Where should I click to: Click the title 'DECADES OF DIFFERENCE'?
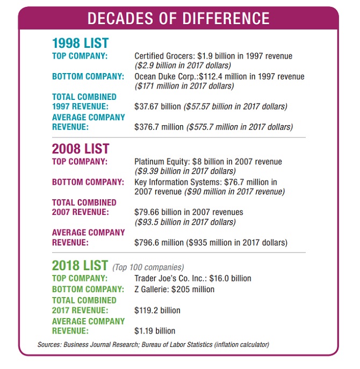179,19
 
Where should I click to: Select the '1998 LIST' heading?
81,43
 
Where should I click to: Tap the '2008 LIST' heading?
81,148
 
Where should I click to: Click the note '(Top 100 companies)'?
148,267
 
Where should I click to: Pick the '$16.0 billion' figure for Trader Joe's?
231,278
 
